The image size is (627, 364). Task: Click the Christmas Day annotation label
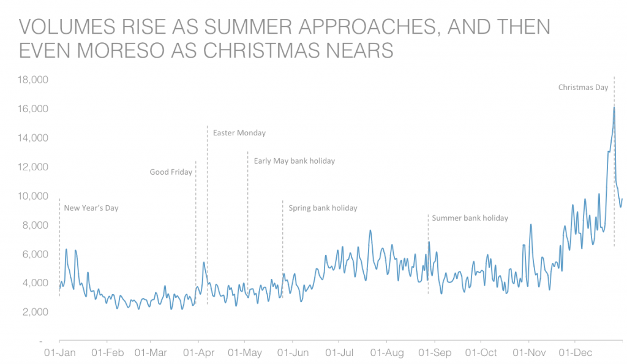click(583, 88)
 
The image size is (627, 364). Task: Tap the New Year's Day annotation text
click(91, 208)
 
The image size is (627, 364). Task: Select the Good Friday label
click(171, 172)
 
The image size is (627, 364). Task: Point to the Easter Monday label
click(239, 133)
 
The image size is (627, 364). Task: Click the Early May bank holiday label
click(295, 161)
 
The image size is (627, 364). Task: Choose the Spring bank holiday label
click(323, 208)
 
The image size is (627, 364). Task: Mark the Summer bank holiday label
click(470, 218)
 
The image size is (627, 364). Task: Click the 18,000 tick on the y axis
click(34, 80)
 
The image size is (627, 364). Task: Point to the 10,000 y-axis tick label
click(34, 196)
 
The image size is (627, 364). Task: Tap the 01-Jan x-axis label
click(59, 353)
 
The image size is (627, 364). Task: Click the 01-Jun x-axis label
click(292, 353)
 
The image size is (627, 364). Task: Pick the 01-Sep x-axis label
click(434, 353)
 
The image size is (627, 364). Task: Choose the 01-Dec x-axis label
click(574, 353)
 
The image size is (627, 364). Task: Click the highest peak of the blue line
click(614, 108)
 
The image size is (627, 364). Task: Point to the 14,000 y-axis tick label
click(34, 138)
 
